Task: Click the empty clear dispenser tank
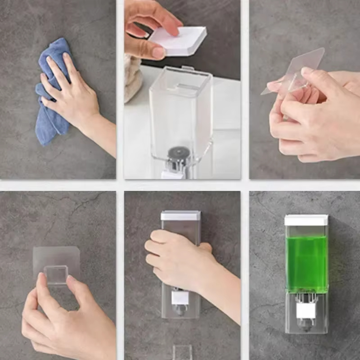(x=180, y=108)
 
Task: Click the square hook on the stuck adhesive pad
(x=56, y=274)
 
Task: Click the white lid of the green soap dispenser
(x=306, y=220)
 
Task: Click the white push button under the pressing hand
(x=180, y=297)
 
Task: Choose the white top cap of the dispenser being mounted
(x=180, y=216)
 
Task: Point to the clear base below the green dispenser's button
(x=306, y=326)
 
